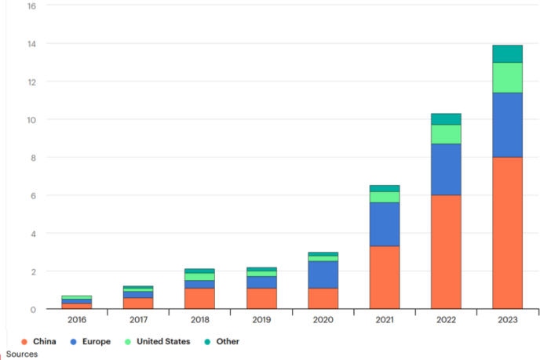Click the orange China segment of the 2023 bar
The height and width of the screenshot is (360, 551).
pos(507,232)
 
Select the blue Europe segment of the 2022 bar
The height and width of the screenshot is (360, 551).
pos(446,169)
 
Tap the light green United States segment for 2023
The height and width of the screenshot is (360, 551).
pos(507,78)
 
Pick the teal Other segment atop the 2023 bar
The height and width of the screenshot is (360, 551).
pos(507,53)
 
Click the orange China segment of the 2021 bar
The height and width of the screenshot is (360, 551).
pos(385,277)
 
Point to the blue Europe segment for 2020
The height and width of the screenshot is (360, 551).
pos(323,275)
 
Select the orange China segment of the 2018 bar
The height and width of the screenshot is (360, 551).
pos(199,298)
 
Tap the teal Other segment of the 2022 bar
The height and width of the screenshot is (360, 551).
pos(446,119)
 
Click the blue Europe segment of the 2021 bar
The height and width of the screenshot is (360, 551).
pos(385,224)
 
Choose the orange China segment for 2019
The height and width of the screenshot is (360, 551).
pos(261,298)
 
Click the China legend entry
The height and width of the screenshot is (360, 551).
pos(39,341)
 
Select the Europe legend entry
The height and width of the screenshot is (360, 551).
pos(90,341)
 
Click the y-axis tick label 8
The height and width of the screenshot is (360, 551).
pos(33,158)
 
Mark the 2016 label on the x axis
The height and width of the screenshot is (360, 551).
pos(77,320)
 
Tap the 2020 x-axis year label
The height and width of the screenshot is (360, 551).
pos(323,320)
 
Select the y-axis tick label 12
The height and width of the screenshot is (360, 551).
pos(31,82)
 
